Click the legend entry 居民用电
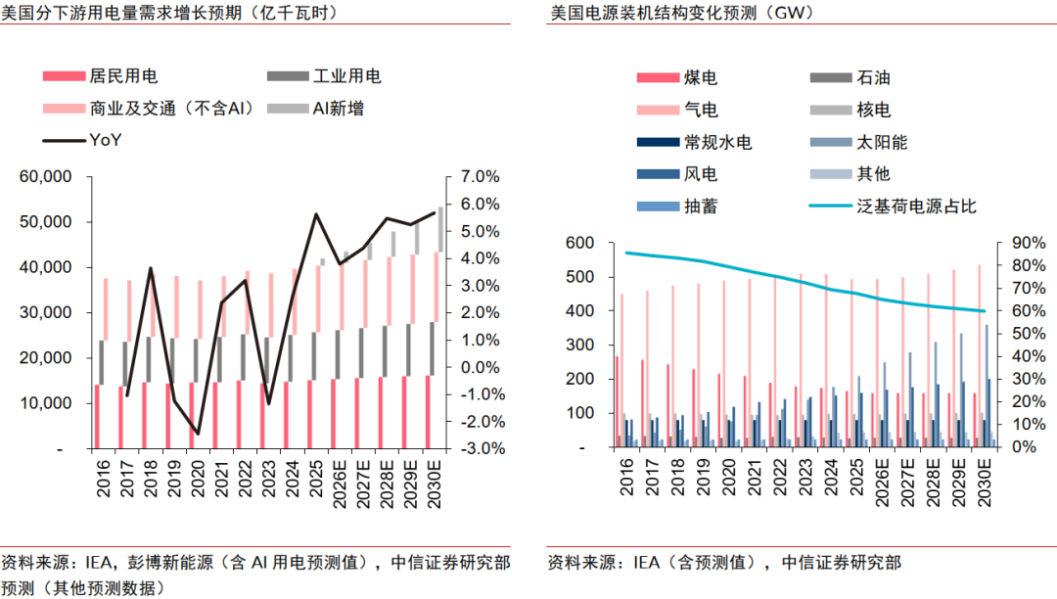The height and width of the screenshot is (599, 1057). pos(100,76)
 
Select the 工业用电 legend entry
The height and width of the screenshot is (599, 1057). pos(324,76)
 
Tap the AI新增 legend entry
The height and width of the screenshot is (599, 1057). pos(315,109)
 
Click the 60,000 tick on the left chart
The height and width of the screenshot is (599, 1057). pos(45,176)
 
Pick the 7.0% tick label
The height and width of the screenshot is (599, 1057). pos(480,176)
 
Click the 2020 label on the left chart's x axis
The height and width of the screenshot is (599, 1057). pos(198,479)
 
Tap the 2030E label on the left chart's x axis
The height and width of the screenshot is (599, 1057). pos(435,484)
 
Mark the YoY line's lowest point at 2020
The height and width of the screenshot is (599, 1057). pos(198,434)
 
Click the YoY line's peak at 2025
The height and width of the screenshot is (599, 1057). pos(315,214)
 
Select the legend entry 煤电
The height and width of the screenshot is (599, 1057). pos(677,77)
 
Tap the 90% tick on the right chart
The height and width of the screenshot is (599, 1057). pos(1030,243)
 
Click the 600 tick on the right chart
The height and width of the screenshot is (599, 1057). pos(579,243)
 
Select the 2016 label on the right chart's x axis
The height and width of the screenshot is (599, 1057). pos(627,477)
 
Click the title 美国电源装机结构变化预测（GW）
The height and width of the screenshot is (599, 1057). pos(683,12)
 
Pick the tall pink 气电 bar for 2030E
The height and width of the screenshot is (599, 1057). pos(980,355)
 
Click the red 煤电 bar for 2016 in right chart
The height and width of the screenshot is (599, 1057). pos(617,401)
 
